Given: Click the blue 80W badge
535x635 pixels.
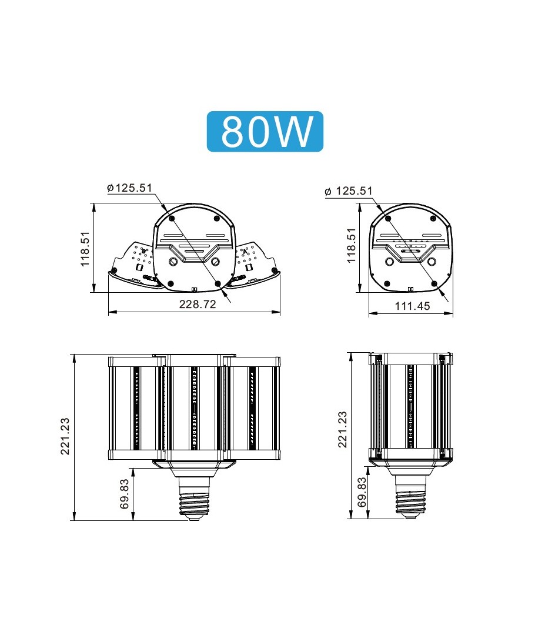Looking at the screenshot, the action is [265, 132].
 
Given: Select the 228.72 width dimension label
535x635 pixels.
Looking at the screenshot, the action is [198, 304].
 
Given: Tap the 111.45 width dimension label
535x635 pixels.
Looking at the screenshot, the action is [412, 306].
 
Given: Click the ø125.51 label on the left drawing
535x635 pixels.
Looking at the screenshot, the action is [129, 188].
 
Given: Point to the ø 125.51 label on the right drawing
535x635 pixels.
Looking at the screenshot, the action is [348, 190].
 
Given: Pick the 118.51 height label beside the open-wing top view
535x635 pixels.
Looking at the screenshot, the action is [85, 249].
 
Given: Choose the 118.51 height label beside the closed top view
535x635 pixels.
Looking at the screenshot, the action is [351, 245].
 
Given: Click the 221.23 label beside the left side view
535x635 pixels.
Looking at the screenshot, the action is [65, 436].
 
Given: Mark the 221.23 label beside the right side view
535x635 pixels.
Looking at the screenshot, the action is [343, 429].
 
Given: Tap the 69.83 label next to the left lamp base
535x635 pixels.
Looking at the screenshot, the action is [125, 494].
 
